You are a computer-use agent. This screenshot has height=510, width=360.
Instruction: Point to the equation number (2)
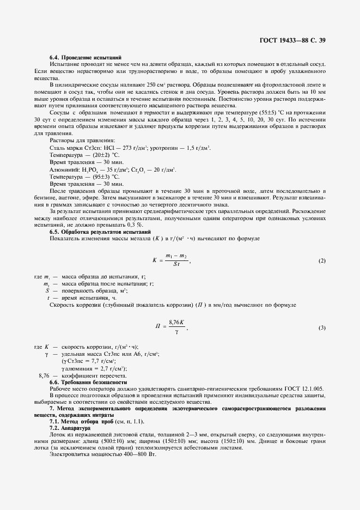(322, 261)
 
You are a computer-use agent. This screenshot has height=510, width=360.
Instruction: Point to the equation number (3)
(322, 327)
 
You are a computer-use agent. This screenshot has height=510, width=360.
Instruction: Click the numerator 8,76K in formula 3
(178, 323)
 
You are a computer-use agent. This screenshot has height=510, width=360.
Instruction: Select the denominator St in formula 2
(176, 265)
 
